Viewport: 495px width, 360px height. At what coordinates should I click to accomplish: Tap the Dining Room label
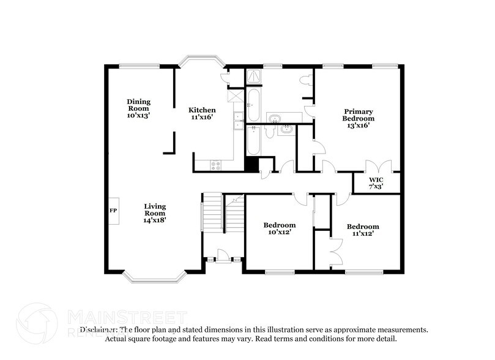(x=139, y=108)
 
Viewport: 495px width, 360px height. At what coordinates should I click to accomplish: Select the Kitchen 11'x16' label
(x=201, y=113)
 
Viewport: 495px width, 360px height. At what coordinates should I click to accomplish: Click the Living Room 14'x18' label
(x=155, y=212)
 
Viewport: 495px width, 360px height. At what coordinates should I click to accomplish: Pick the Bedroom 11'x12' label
(x=362, y=230)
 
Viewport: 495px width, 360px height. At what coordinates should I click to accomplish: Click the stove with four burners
(x=216, y=163)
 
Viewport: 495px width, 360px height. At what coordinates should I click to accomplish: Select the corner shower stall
(x=253, y=77)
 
